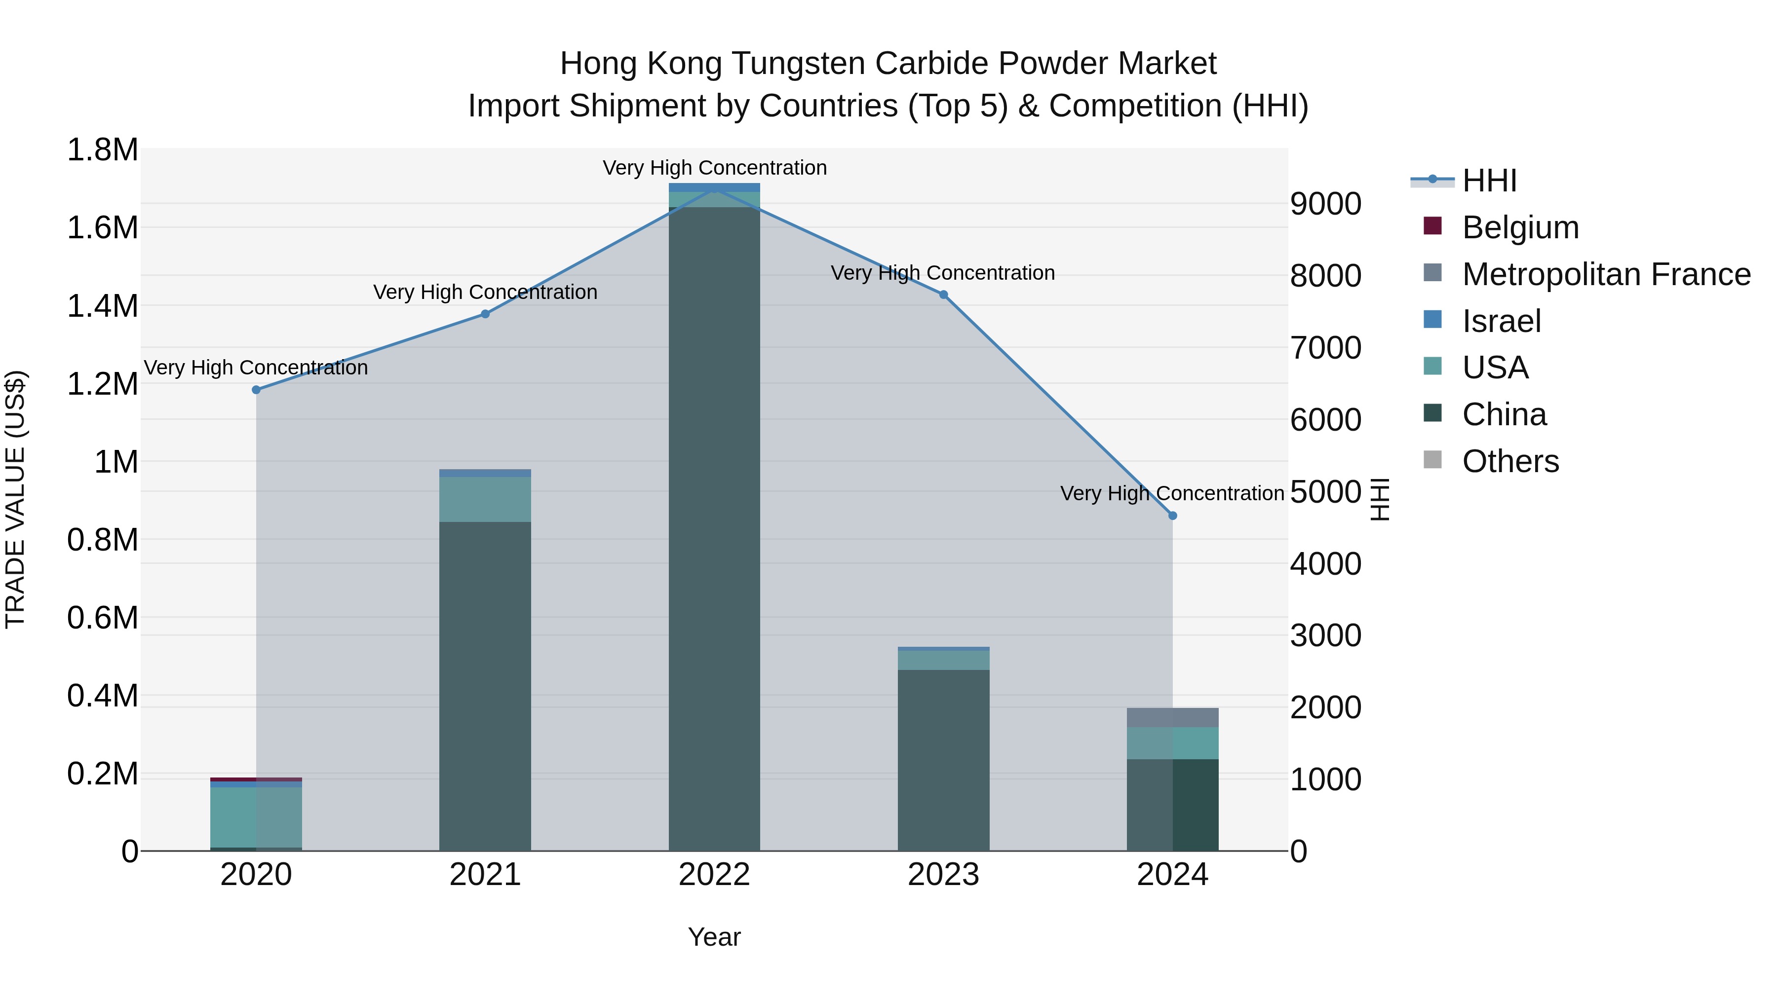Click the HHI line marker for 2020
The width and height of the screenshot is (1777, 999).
pyautogui.click(x=256, y=390)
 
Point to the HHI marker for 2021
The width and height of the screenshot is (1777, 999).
pyautogui.click(x=485, y=314)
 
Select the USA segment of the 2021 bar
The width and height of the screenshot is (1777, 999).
pyautogui.click(x=485, y=499)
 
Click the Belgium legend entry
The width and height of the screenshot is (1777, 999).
pyautogui.click(x=1520, y=227)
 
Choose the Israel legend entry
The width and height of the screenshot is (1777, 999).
pyautogui.click(x=1501, y=321)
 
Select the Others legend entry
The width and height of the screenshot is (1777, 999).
pyautogui.click(x=1510, y=461)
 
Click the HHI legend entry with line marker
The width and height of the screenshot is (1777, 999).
pyautogui.click(x=1489, y=181)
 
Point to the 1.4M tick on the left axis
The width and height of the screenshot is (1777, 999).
pyautogui.click(x=102, y=305)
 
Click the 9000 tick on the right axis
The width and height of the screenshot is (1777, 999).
pyautogui.click(x=1325, y=204)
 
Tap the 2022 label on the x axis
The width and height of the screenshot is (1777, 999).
pyautogui.click(x=714, y=875)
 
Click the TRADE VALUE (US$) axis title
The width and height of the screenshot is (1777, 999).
pyautogui.click(x=15, y=499)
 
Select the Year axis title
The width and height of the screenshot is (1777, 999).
pyautogui.click(x=714, y=937)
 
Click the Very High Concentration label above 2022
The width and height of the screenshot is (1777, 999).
pyautogui.click(x=714, y=168)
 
